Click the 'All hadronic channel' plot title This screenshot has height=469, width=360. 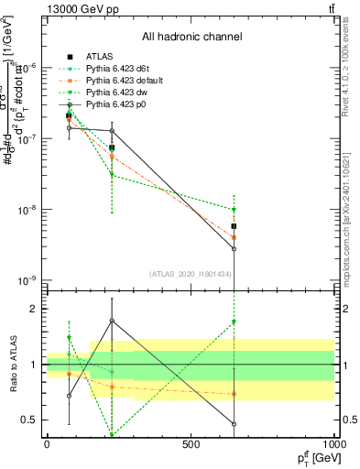pyautogui.click(x=191, y=38)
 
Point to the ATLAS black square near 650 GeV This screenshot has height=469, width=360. pyautogui.click(x=235, y=225)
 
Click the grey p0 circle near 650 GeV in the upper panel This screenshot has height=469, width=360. pyautogui.click(x=235, y=248)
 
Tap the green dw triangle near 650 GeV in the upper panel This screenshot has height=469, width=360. pyautogui.click(x=235, y=210)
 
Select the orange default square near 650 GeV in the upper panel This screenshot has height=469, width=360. pyautogui.click(x=235, y=236)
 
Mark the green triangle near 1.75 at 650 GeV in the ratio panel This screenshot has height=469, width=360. pyautogui.click(x=235, y=322)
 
